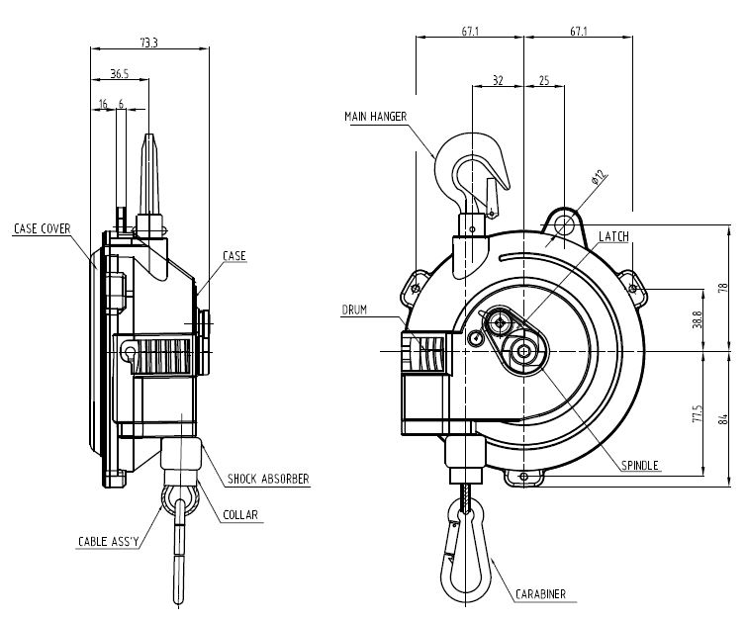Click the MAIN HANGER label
click(x=377, y=117)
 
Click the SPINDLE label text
click(x=639, y=465)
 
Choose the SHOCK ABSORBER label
click(x=268, y=479)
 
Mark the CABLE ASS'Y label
click(x=110, y=542)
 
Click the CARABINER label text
click(x=541, y=594)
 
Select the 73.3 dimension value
click(x=148, y=43)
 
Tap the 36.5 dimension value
click(x=119, y=73)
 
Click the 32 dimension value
click(x=497, y=80)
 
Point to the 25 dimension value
click(x=544, y=80)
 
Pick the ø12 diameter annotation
click(x=598, y=179)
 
